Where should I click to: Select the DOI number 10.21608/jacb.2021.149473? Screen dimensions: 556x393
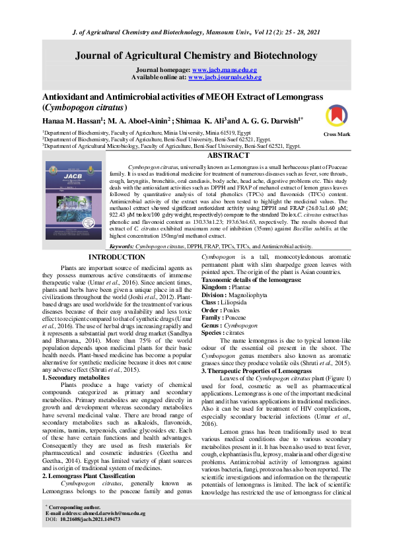92,538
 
